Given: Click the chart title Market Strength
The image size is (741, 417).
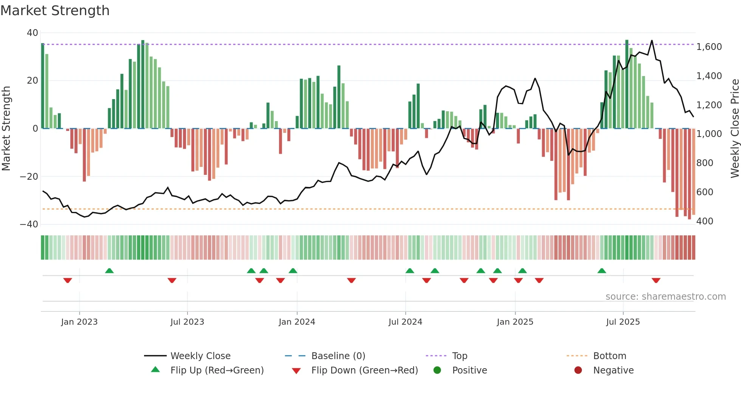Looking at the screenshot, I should coord(55,11).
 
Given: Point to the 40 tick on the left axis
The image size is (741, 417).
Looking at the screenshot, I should coord(33,33).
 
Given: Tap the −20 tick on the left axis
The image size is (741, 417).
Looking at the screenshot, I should coord(29,176).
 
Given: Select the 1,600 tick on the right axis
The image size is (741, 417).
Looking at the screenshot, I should coord(709,47).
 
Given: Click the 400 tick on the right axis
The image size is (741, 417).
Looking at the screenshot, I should coord(704,221).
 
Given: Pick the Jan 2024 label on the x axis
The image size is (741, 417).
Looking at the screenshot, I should coord(297,322).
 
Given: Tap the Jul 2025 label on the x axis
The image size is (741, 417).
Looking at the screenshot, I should coord(623,322).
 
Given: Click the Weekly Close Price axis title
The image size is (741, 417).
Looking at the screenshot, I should coord(735,128).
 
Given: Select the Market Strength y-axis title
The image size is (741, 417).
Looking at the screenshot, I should coord(6,128).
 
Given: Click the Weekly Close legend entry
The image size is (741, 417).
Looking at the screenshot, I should coord(200,356).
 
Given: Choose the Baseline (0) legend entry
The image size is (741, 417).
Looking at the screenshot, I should coord(338,356).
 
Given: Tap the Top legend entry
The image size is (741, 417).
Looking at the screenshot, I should coord(459,356).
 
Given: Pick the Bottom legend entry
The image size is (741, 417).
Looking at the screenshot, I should coord(609,356).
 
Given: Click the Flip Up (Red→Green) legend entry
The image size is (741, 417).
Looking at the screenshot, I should coord(217,370).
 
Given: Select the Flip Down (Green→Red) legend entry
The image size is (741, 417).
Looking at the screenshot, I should coord(364,370).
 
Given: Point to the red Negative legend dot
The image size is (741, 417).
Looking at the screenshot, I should coord(578,370).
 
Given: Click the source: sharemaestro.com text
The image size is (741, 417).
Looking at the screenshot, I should coord(665,297).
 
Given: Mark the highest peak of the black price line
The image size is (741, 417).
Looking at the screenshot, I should coord(652,40).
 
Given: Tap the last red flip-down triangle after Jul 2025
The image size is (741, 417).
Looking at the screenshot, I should coord(656,280).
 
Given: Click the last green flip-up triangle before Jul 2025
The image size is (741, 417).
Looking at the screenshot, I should coord(602,271).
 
